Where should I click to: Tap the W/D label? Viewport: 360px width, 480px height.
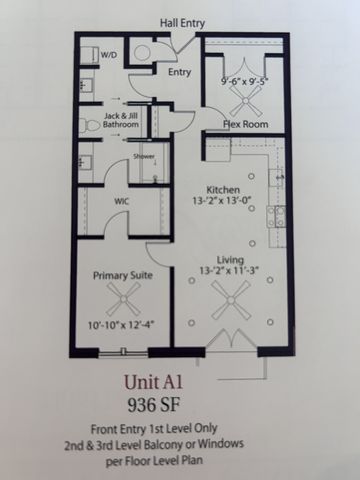[107, 54]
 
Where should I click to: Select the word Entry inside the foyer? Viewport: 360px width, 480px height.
[180, 72]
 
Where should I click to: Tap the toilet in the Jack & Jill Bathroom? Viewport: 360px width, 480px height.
[87, 124]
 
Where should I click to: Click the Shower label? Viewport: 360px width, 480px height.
[144, 158]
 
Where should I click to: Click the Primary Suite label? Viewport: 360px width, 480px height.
[123, 274]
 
